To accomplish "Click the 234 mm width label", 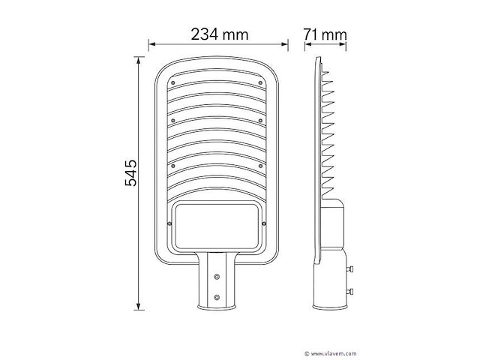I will pos(219,34).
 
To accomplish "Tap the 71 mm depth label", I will pos(325,34).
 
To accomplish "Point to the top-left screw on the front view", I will pos(172,83).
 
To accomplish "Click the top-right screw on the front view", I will pos(260,83).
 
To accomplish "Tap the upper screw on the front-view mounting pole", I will pos(217,276).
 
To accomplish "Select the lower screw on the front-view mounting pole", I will pos(217,298).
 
